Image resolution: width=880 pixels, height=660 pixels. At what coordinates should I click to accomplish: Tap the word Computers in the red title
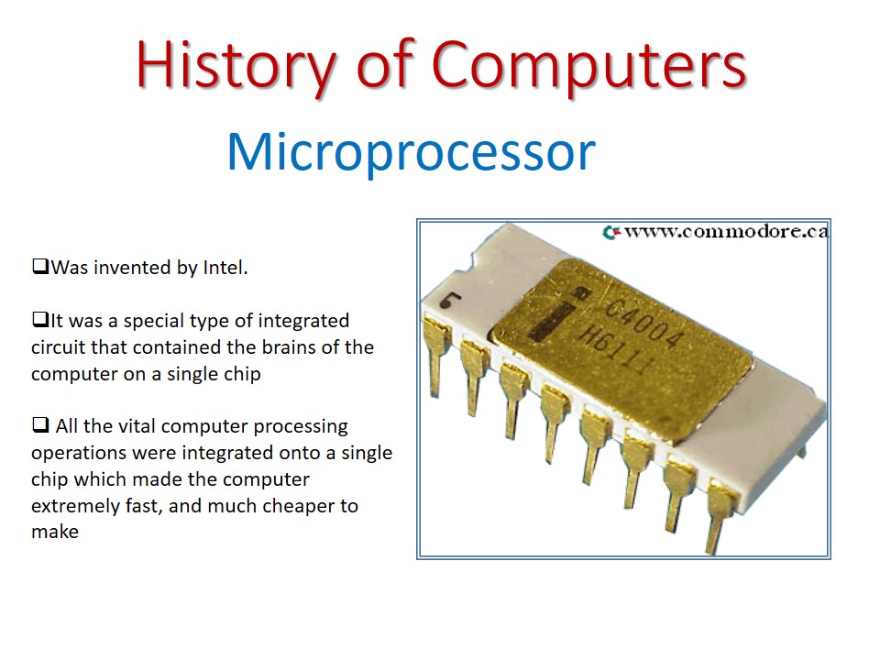(x=588, y=66)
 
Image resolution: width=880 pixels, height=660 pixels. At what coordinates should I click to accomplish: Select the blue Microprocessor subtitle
(x=411, y=152)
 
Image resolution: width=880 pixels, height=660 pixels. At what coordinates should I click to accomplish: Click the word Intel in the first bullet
(x=226, y=269)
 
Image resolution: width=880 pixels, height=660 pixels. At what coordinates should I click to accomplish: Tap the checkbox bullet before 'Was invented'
(x=39, y=268)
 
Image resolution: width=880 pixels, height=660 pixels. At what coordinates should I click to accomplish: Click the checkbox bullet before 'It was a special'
(x=39, y=321)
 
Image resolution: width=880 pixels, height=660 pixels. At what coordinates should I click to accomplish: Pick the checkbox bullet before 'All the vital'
(x=39, y=426)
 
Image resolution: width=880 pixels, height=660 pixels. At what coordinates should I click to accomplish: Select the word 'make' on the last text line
(x=54, y=533)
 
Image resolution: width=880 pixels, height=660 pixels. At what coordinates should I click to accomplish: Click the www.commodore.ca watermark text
(x=726, y=232)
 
